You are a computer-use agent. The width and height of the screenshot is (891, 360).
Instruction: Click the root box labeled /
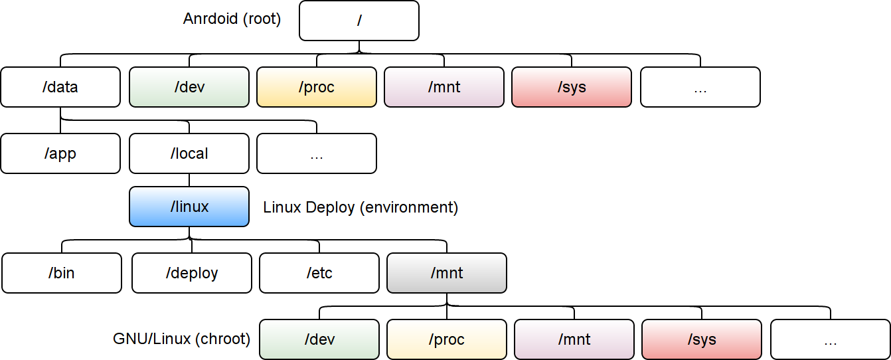(359, 21)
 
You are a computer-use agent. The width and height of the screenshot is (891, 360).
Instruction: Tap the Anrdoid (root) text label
(232, 19)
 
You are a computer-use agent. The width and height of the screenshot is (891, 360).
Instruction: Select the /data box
(60, 87)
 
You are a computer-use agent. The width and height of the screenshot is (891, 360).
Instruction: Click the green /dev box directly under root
(189, 87)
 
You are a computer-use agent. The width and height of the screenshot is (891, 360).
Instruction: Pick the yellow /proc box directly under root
(317, 87)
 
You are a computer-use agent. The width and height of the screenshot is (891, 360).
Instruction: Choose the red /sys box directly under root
(572, 87)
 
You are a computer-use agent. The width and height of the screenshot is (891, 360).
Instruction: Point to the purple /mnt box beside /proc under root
(444, 87)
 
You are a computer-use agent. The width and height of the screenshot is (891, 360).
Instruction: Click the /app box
(60, 153)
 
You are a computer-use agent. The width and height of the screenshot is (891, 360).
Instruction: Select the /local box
(189, 153)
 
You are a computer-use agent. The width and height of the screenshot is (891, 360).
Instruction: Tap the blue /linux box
(189, 207)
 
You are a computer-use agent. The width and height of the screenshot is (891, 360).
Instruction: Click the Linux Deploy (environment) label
(361, 207)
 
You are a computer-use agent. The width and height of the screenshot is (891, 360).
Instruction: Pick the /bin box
(62, 273)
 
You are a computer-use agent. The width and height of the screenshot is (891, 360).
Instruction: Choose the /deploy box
(192, 273)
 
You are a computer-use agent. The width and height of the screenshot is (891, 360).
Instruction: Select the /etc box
(319, 273)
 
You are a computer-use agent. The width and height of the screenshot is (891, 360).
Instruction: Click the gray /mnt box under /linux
(447, 273)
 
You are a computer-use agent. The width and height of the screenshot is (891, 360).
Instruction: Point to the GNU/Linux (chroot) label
(181, 339)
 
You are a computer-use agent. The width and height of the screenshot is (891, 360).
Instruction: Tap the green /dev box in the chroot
(319, 339)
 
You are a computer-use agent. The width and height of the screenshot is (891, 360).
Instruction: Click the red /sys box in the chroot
(702, 339)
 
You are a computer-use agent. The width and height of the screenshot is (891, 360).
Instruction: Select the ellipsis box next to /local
(317, 153)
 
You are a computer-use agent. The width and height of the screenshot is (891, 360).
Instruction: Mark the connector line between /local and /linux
(189, 180)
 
